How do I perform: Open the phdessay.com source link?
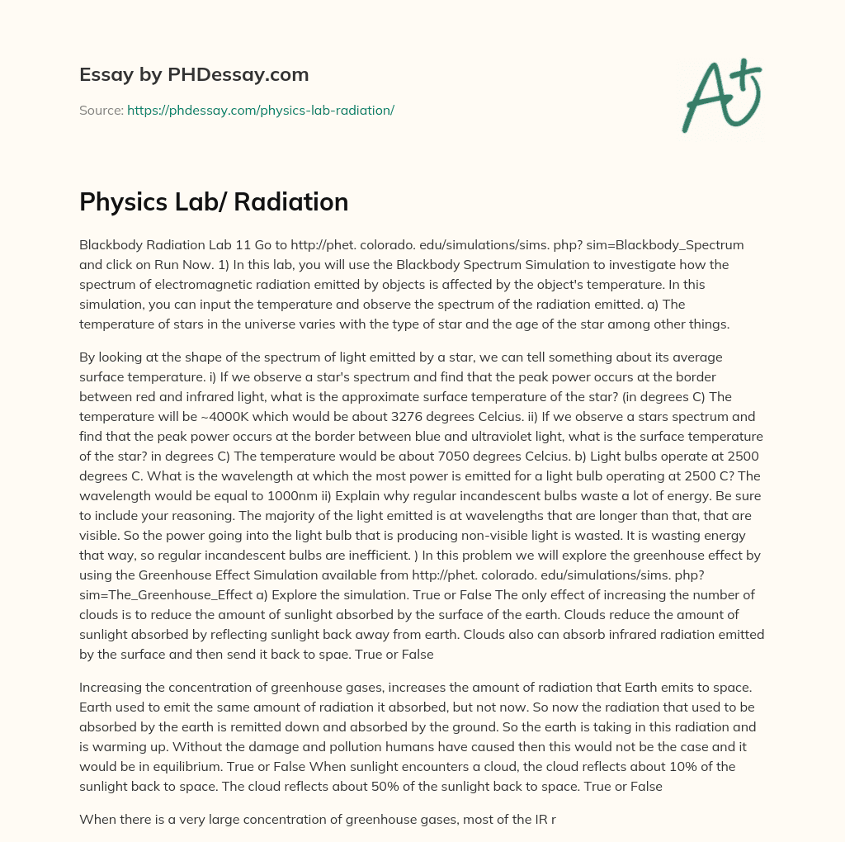click(x=260, y=110)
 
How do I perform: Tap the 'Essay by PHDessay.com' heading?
click(x=194, y=75)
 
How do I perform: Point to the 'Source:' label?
click(x=101, y=110)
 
